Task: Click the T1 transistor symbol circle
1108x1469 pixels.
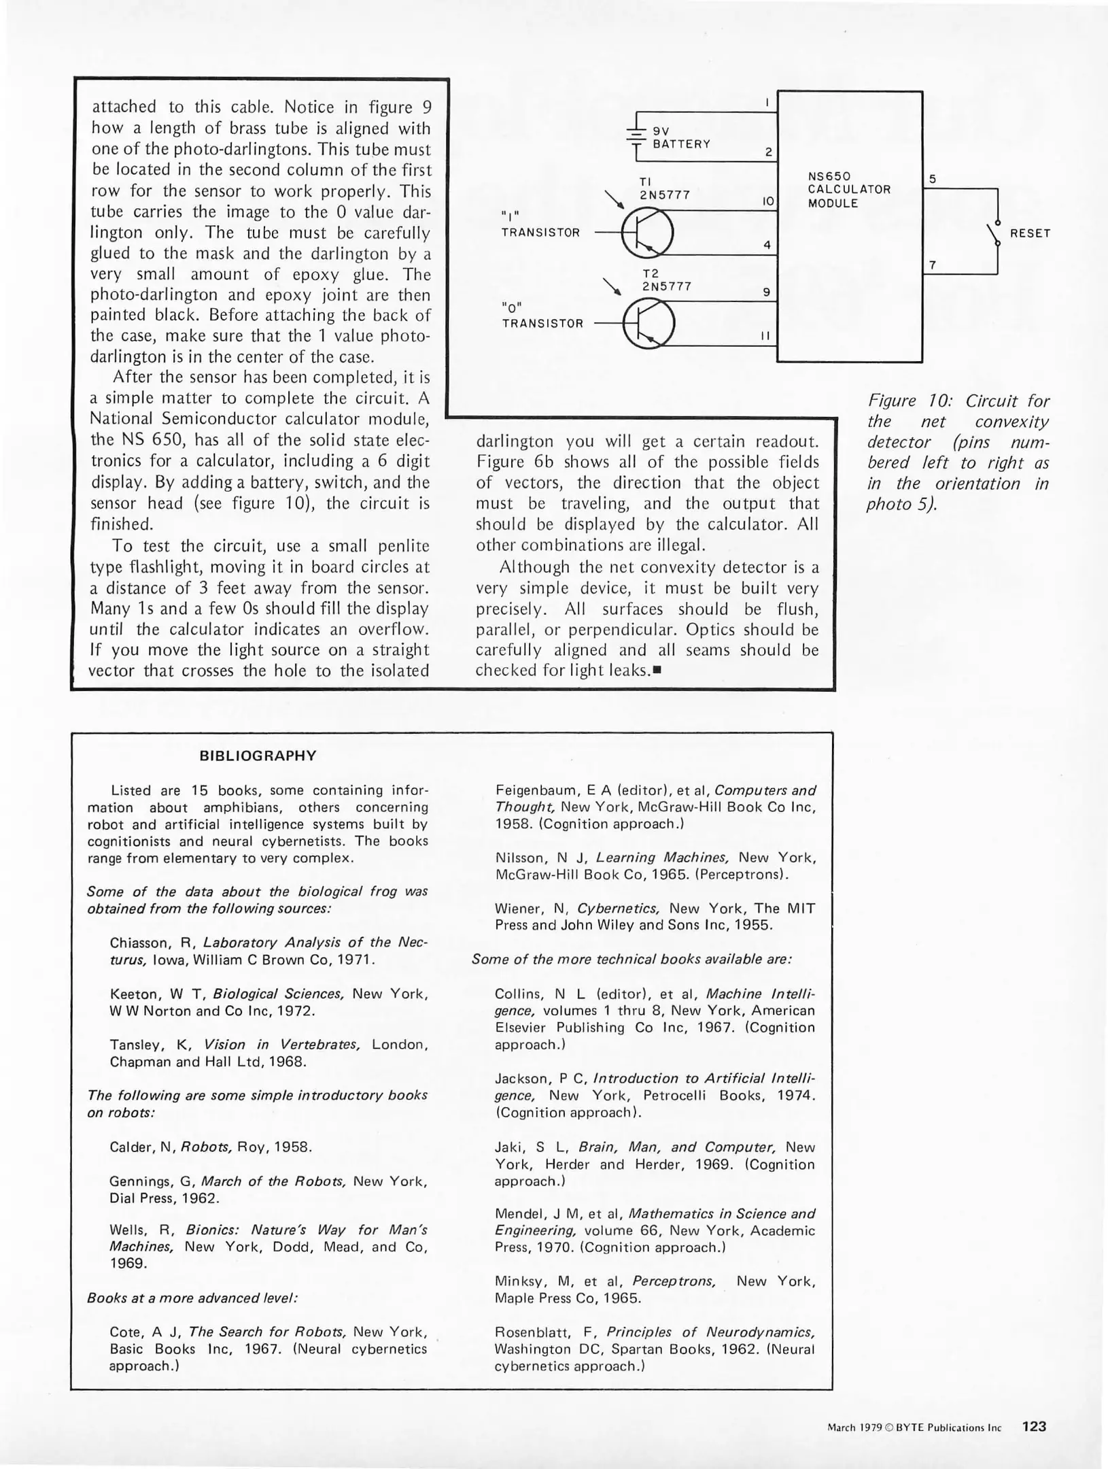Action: coord(647,233)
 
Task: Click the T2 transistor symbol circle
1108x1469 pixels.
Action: coord(648,323)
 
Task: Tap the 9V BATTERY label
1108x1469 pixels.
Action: coord(681,137)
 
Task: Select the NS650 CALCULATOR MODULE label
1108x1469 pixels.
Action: coord(848,190)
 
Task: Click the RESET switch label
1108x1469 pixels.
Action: coord(1030,233)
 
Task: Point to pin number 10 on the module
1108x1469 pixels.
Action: coord(767,201)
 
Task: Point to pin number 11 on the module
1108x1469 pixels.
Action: coord(767,336)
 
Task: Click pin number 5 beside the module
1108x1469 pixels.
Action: coord(933,179)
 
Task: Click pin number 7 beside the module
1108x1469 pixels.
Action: coord(933,266)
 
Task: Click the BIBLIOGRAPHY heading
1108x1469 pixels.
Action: coord(258,756)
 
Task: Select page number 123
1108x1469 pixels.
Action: coord(1034,1426)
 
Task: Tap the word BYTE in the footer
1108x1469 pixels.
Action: coord(909,1428)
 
